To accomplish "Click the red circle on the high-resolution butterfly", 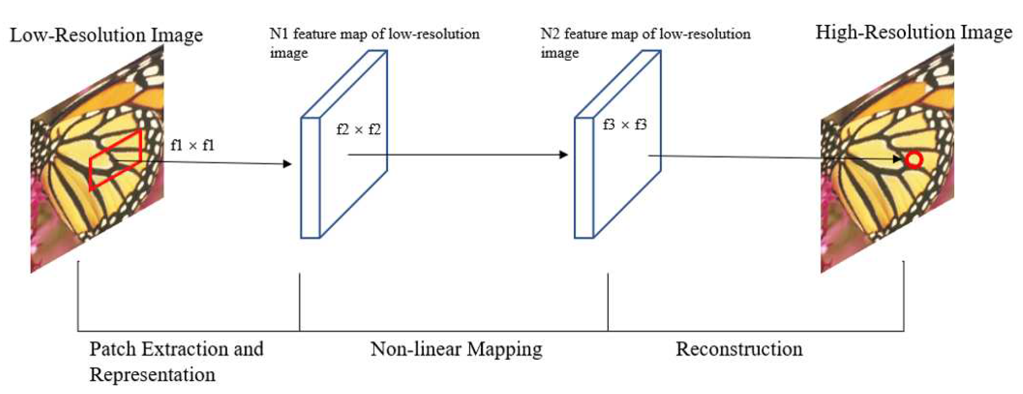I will (914, 160).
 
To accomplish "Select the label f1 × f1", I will (192, 145).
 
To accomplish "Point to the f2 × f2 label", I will (358, 129).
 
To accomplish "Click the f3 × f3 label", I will (624, 125).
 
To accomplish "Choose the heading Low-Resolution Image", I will (106, 35).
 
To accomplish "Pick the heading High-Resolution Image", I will (914, 32).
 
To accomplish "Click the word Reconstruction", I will (739, 349).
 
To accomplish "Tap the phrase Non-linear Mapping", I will (456, 349).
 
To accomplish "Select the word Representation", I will (152, 375).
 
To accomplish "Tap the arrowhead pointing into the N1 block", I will (288, 164).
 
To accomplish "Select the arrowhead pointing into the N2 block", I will (563, 155).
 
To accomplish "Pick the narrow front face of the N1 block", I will (310, 178).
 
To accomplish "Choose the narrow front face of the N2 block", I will (584, 178).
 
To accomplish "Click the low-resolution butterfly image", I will (98, 178).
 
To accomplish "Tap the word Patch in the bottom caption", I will (112, 349).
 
